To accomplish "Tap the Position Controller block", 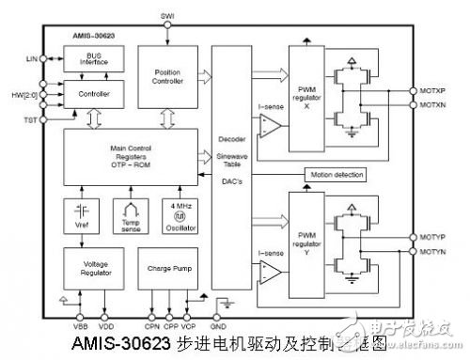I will click(x=166, y=80).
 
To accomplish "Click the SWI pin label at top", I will click(x=167, y=16).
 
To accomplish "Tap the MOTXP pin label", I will click(x=434, y=90).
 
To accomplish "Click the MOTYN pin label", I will click(x=434, y=252).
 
